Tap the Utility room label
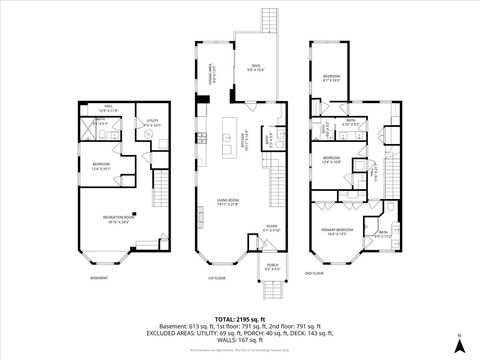pos(152,124)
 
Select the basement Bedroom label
pos(102,165)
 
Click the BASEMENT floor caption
pos(99,278)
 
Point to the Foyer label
pos(270,228)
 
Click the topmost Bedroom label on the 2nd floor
pos(331,77)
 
